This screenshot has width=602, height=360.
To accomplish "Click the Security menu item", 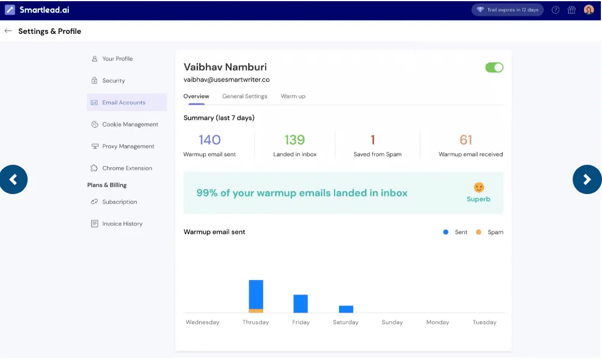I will (113, 81).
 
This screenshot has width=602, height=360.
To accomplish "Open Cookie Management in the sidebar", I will (130, 124).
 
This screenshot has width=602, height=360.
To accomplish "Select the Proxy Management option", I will (128, 146).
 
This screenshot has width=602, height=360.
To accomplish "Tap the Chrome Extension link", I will (127, 168).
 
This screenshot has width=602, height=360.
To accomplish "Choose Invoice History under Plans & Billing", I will (122, 224).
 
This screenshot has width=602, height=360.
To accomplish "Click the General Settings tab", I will (245, 96).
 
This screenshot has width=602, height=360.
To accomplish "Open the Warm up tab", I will (293, 96).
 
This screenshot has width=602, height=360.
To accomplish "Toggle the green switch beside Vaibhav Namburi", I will (494, 68).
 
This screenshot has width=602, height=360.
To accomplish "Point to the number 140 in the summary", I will (209, 140).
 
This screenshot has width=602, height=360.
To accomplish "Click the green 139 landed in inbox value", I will (295, 140).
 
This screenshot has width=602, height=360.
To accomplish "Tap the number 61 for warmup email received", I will (466, 140).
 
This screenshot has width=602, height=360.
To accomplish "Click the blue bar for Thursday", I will (256, 293).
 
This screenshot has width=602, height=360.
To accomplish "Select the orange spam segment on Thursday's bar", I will (256, 311).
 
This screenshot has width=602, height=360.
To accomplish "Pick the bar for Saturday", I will (346, 309).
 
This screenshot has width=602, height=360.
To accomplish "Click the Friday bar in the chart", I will (301, 304).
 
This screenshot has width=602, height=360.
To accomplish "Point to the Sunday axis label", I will (392, 322).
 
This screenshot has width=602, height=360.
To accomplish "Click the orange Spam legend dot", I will (478, 232).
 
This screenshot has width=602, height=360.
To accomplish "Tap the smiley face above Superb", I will (478, 187).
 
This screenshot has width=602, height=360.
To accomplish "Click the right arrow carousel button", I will (587, 179).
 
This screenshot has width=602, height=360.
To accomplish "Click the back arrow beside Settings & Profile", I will (8, 31).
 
